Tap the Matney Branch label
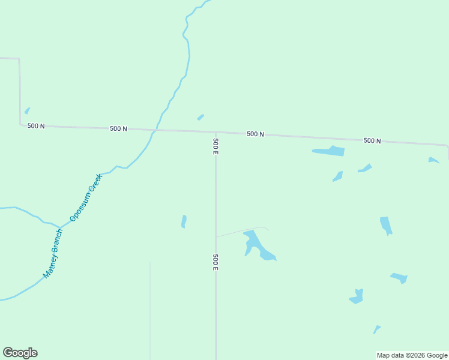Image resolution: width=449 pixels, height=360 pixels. pos(53,253)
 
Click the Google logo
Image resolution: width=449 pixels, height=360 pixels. pos(20,353)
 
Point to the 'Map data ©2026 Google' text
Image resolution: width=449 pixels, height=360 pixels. pos(412,355)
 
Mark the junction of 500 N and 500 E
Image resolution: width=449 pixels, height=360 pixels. pos(215,132)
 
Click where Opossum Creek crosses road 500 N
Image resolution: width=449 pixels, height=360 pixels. pos(156,130)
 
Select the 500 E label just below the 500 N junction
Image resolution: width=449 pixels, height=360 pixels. pos(215,146)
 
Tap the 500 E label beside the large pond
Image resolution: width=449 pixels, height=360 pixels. pos(215,262)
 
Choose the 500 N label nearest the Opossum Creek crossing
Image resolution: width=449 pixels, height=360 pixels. pos(118,128)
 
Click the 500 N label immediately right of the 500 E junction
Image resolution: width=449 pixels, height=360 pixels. pos(255,134)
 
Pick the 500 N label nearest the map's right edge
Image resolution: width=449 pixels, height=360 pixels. pos(372,140)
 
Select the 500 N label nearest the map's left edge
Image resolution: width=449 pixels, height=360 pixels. pos(36,126)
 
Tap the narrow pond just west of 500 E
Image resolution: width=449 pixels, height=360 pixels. pos(184,221)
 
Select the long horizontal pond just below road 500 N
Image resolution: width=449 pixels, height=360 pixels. pos(330,151)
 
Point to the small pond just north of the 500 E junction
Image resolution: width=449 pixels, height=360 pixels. pos(200,117)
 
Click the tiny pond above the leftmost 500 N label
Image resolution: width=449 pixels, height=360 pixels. pos(27,110)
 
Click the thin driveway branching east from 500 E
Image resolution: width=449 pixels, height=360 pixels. pos(240,231)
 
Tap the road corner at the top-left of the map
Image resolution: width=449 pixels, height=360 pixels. pos(19,59)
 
